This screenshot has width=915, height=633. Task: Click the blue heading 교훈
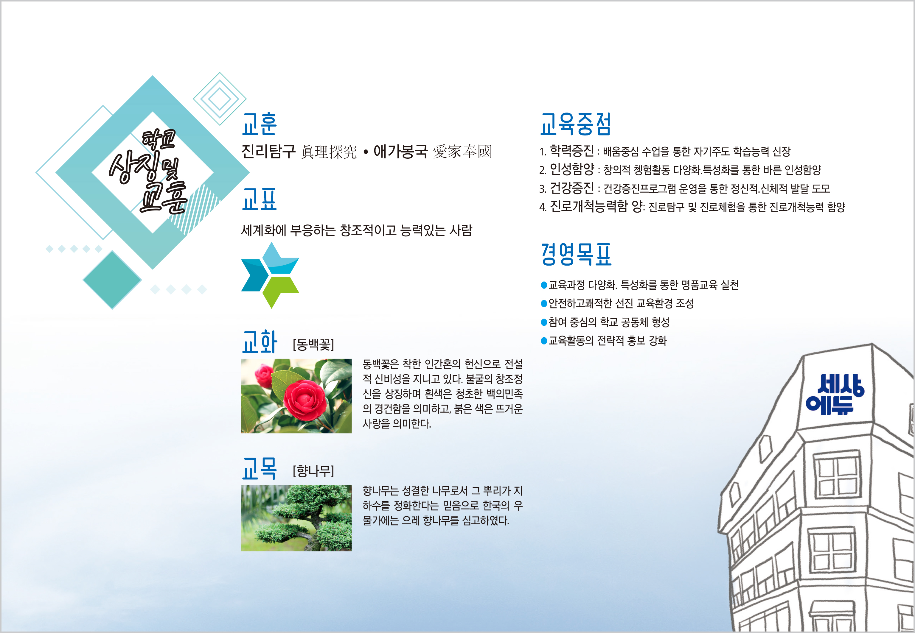tap(259, 124)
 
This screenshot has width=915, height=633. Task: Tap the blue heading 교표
tap(259, 199)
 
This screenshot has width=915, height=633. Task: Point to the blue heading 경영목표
tap(576, 254)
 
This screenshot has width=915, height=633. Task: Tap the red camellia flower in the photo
tap(305, 400)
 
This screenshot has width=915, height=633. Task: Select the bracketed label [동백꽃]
tap(313, 344)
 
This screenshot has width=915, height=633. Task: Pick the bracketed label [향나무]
tap(313, 471)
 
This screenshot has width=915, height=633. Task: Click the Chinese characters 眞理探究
tap(329, 152)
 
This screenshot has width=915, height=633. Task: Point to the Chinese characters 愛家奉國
tap(462, 152)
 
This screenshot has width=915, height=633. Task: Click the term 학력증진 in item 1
tap(571, 151)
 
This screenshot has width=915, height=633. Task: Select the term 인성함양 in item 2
tap(571, 169)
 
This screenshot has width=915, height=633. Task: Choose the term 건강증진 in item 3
tap(571, 188)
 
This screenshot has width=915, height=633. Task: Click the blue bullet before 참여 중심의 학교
tap(544, 322)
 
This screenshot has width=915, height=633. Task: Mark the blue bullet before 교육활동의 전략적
tap(544, 341)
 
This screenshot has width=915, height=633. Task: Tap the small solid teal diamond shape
tap(112, 280)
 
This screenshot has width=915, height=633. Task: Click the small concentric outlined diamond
tap(220, 99)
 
